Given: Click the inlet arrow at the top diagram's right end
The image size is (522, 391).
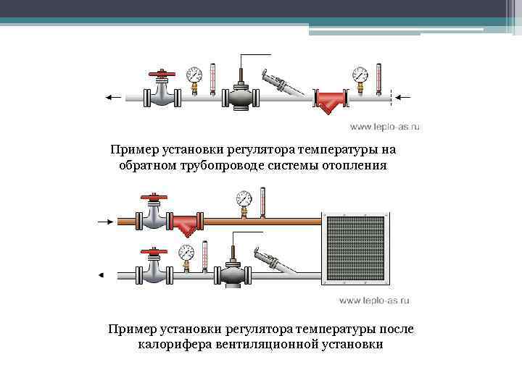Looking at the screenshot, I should pyautogui.click(x=405, y=96).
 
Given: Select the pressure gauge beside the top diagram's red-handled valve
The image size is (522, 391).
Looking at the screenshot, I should pyautogui.click(x=194, y=75).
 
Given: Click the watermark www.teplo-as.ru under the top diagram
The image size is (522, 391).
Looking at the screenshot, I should pyautogui.click(x=385, y=127).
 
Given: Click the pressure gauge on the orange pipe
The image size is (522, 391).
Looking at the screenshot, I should pyautogui.click(x=244, y=198).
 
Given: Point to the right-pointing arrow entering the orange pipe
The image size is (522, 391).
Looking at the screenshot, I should pyautogui.click(x=106, y=220).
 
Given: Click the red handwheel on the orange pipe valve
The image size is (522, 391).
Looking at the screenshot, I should pyautogui.click(x=153, y=197).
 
